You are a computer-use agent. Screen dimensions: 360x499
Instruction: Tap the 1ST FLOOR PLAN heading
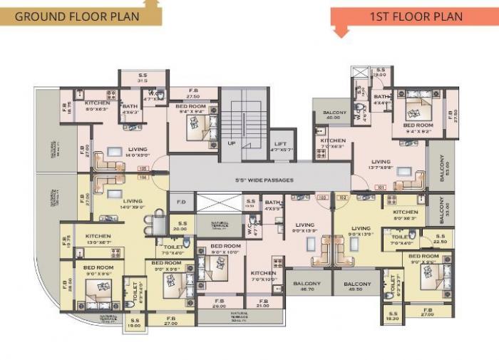click(416, 16)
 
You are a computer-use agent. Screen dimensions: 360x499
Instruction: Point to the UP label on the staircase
click(231, 143)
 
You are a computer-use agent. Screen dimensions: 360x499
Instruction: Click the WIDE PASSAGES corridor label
click(259, 180)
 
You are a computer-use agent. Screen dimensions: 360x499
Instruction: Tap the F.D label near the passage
click(181, 202)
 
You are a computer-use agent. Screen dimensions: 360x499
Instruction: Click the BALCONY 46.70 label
click(307, 286)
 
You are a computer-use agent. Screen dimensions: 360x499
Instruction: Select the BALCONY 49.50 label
click(358, 286)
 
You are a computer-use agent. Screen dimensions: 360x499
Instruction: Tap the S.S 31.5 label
click(142, 78)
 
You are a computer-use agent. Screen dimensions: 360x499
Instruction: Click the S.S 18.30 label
click(393, 316)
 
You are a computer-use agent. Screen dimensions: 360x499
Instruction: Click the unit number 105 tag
click(143, 169)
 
